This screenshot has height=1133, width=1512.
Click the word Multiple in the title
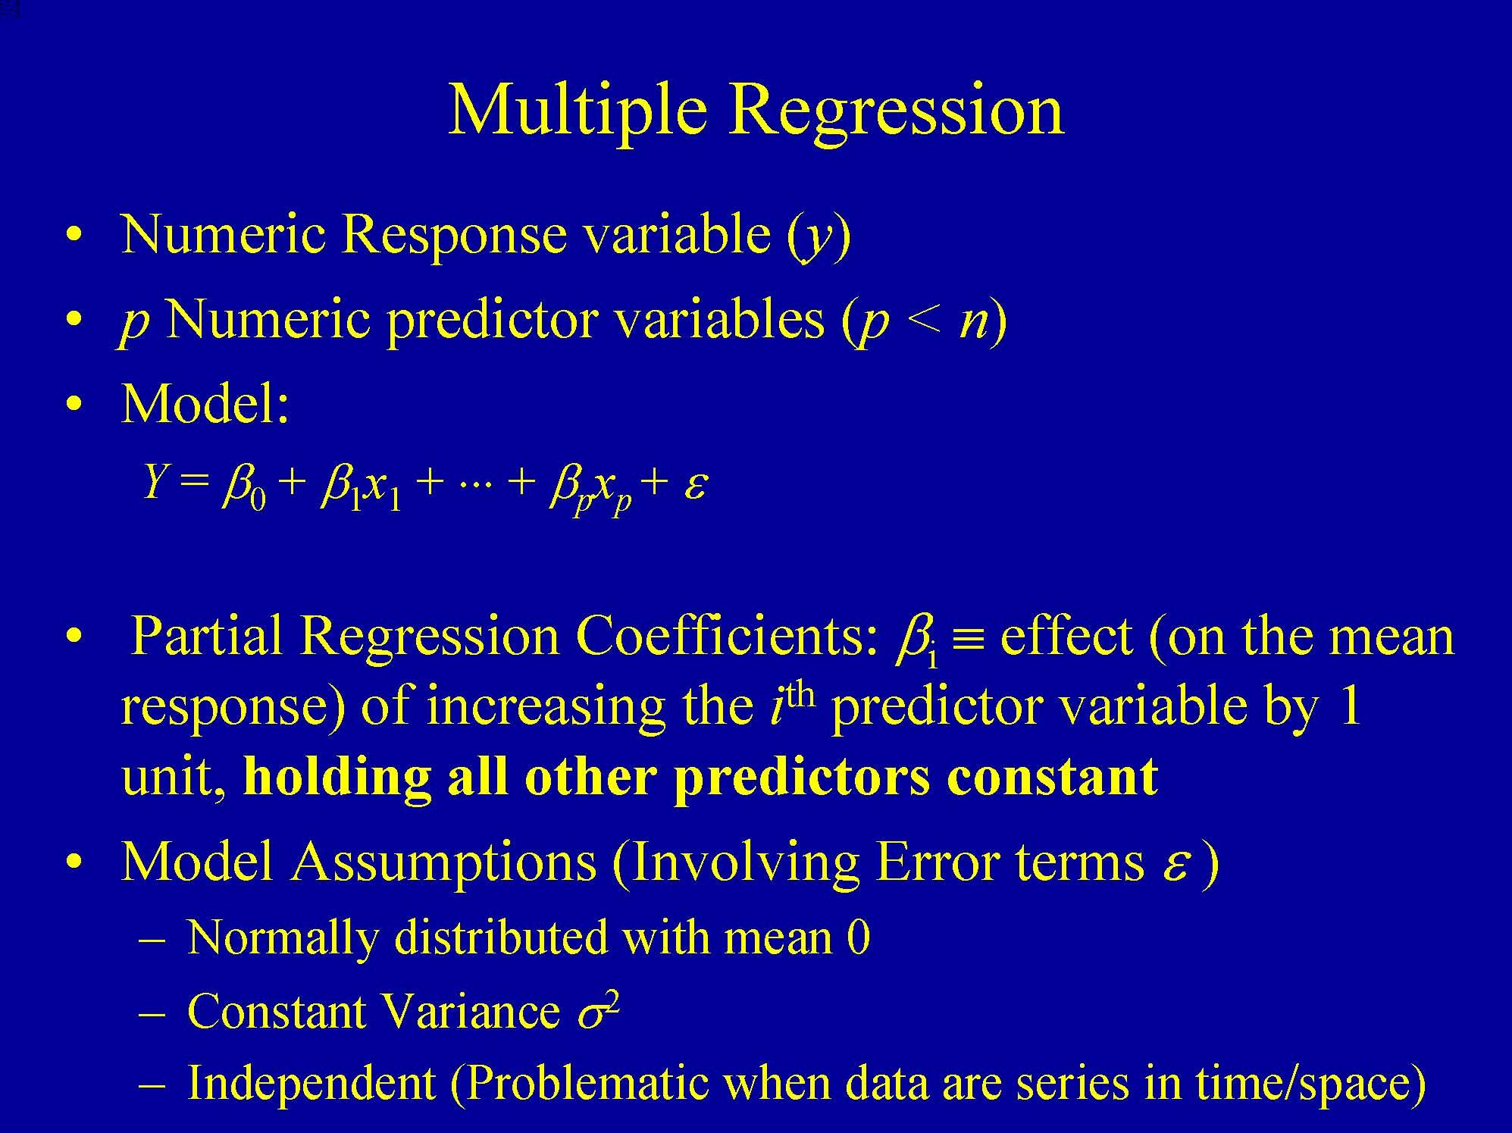coord(578,111)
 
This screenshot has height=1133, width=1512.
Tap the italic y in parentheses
coord(817,236)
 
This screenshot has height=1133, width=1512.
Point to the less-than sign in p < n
coord(923,321)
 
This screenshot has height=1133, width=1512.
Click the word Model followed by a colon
coord(203,404)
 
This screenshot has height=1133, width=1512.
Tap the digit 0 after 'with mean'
coord(858,937)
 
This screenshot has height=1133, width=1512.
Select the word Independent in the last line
coord(311,1082)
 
